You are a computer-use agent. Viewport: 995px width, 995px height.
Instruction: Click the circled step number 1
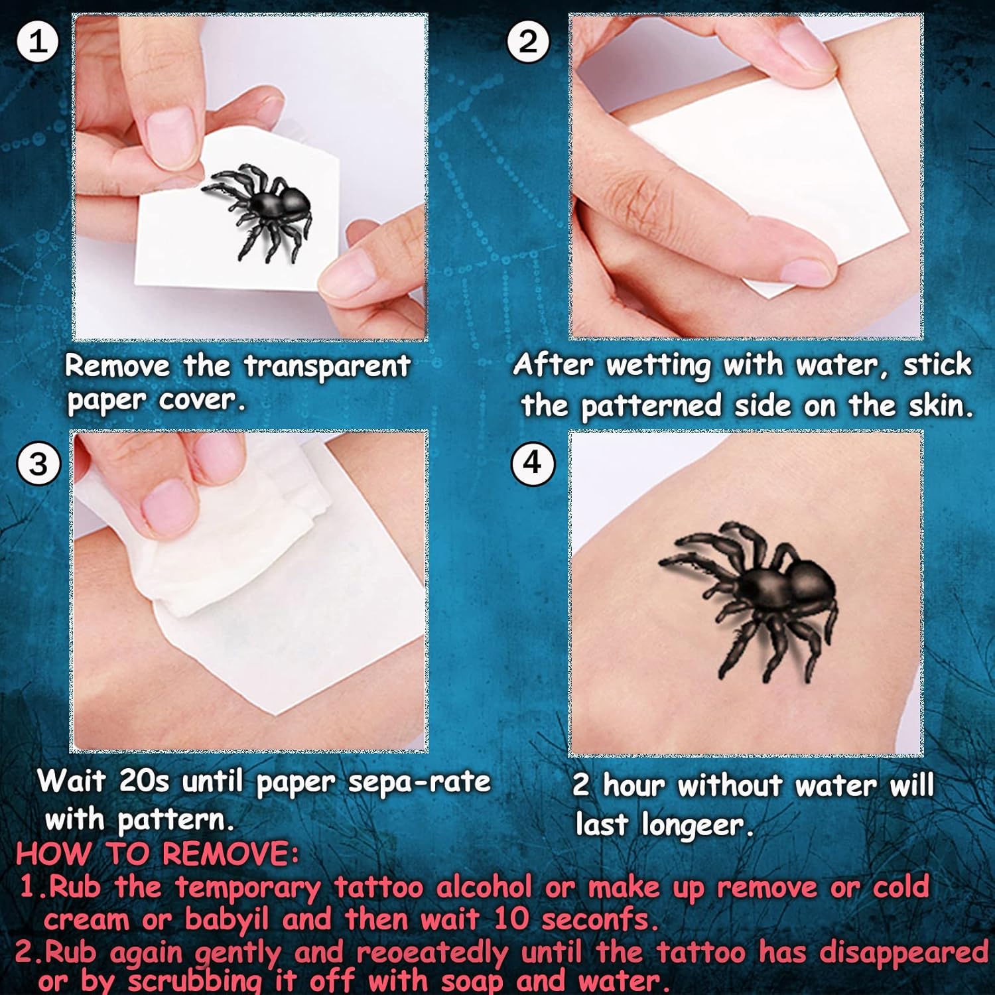[x=38, y=42]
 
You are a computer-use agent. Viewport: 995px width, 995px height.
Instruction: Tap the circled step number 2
[x=528, y=42]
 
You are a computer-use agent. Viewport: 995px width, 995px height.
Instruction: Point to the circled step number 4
[x=533, y=462]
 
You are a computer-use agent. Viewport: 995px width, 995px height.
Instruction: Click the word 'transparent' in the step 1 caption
[x=327, y=367]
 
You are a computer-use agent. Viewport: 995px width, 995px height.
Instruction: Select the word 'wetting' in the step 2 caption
[x=658, y=365]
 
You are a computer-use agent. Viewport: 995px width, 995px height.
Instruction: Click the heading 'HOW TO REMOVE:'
[x=157, y=854]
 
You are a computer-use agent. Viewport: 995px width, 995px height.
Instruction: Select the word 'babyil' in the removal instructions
[x=227, y=919]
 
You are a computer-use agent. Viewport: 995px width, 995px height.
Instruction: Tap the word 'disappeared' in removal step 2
[x=904, y=953]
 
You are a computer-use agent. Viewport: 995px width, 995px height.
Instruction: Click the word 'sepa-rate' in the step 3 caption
[x=420, y=783]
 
